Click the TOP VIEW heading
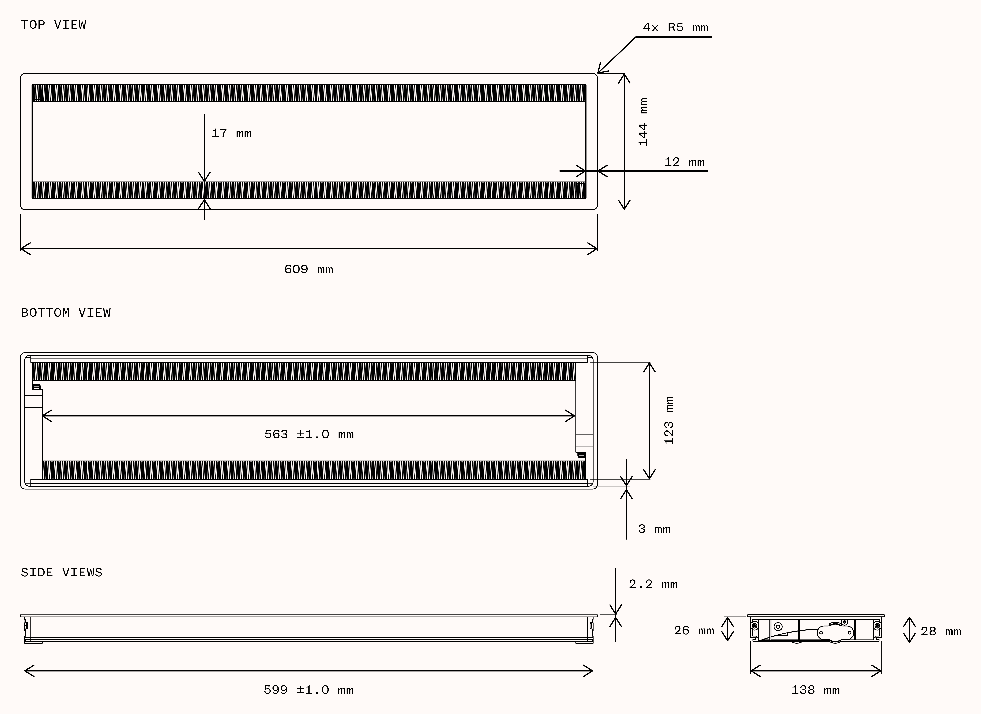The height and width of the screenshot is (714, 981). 54,25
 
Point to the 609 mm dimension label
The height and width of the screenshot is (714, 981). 308,269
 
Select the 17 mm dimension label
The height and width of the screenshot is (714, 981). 231,133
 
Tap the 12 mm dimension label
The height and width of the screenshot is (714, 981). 684,162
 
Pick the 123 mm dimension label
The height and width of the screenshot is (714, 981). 669,420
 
